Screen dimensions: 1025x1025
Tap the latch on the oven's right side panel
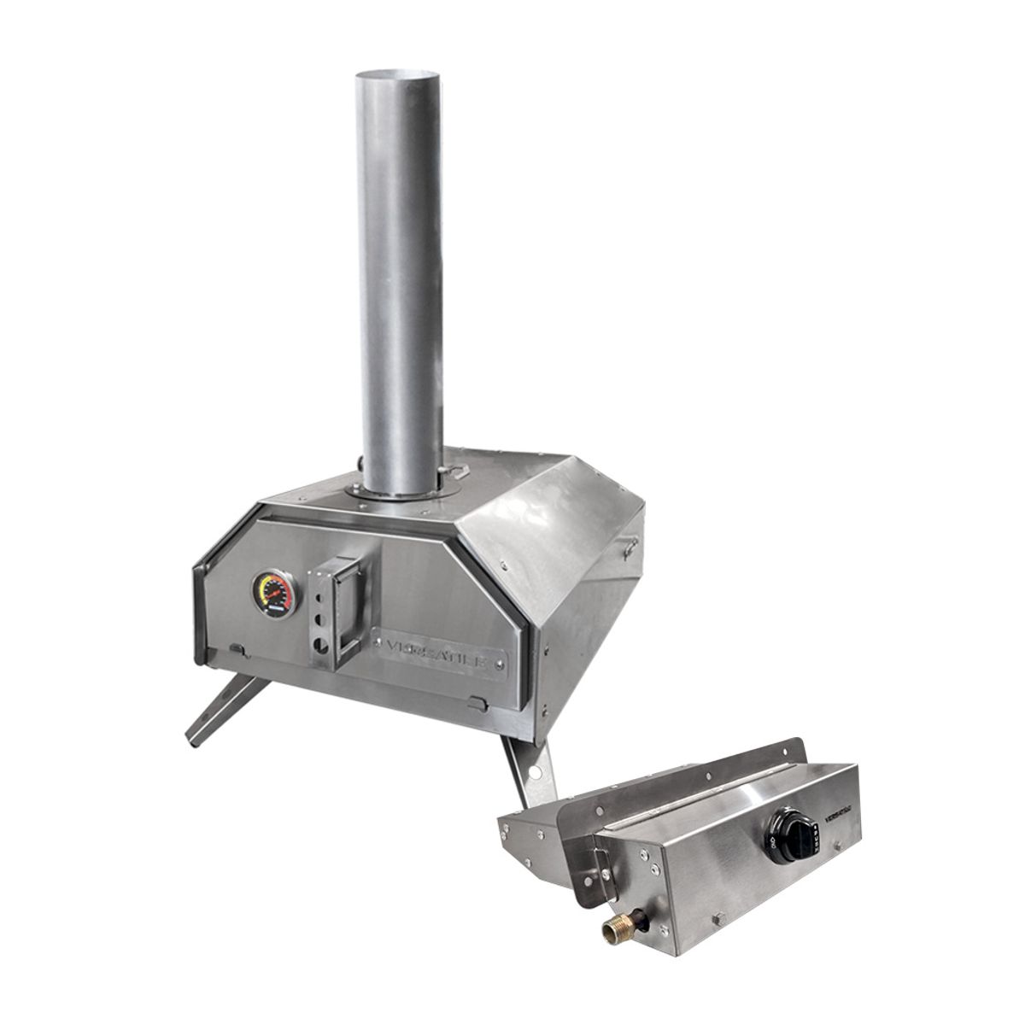point(630,545)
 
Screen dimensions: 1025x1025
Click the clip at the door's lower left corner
point(240,653)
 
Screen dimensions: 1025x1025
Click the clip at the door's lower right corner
point(479,702)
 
